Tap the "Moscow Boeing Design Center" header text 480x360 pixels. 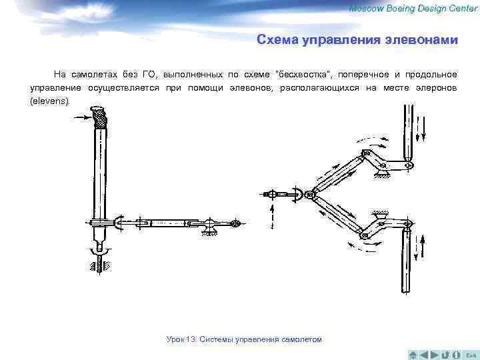[413, 7]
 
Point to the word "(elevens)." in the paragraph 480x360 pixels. [49, 101]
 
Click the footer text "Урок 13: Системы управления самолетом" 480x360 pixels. [244, 339]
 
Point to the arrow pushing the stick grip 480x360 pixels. [85, 118]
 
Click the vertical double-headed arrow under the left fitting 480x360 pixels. [271, 216]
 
